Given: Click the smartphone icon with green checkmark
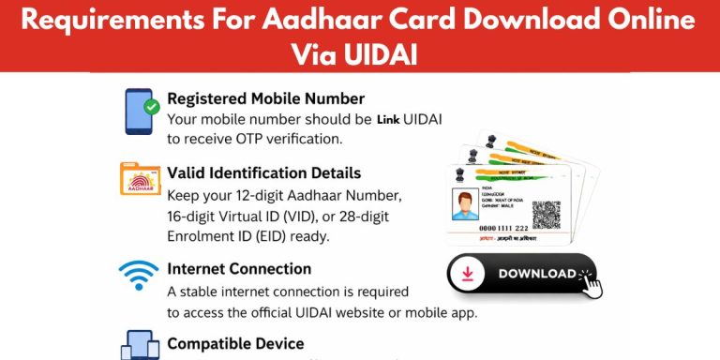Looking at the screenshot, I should click(139, 112).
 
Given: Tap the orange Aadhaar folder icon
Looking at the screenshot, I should click(140, 178).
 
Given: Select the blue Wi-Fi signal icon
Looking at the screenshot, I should click(139, 276).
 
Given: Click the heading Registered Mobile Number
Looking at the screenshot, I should click(265, 98).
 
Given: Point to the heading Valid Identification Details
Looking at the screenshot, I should click(263, 173).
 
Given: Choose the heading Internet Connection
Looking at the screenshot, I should click(239, 269).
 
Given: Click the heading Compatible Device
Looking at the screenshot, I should click(235, 343).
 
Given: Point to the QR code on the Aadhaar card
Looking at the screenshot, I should click(546, 215).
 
